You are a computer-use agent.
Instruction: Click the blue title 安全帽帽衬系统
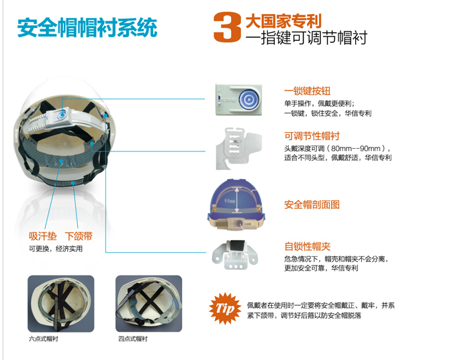[87, 28]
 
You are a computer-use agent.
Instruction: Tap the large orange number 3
[227, 27]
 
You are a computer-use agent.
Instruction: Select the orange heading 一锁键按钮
[308, 91]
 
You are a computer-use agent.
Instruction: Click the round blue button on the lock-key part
[248, 99]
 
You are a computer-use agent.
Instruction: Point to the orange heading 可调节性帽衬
[312, 136]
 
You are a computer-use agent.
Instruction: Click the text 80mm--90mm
[356, 148]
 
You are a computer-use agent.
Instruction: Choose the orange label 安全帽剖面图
[312, 204]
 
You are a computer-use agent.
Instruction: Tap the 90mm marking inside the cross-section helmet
[230, 201]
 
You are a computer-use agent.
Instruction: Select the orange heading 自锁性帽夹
[308, 246]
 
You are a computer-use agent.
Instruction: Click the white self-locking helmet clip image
[235, 254]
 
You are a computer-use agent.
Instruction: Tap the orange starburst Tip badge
[225, 308]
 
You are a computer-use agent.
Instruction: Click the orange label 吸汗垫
[42, 236]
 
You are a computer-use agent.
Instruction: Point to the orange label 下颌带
[79, 236]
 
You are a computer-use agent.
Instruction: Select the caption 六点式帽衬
[43, 339]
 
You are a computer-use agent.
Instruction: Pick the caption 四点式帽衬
[133, 339]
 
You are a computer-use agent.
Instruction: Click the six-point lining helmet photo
[61, 304]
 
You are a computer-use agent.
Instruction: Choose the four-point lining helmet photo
[149, 304]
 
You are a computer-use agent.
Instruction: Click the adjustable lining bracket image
[238, 149]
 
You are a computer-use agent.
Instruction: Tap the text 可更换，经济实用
[55, 249]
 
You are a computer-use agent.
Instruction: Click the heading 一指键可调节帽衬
[306, 38]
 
